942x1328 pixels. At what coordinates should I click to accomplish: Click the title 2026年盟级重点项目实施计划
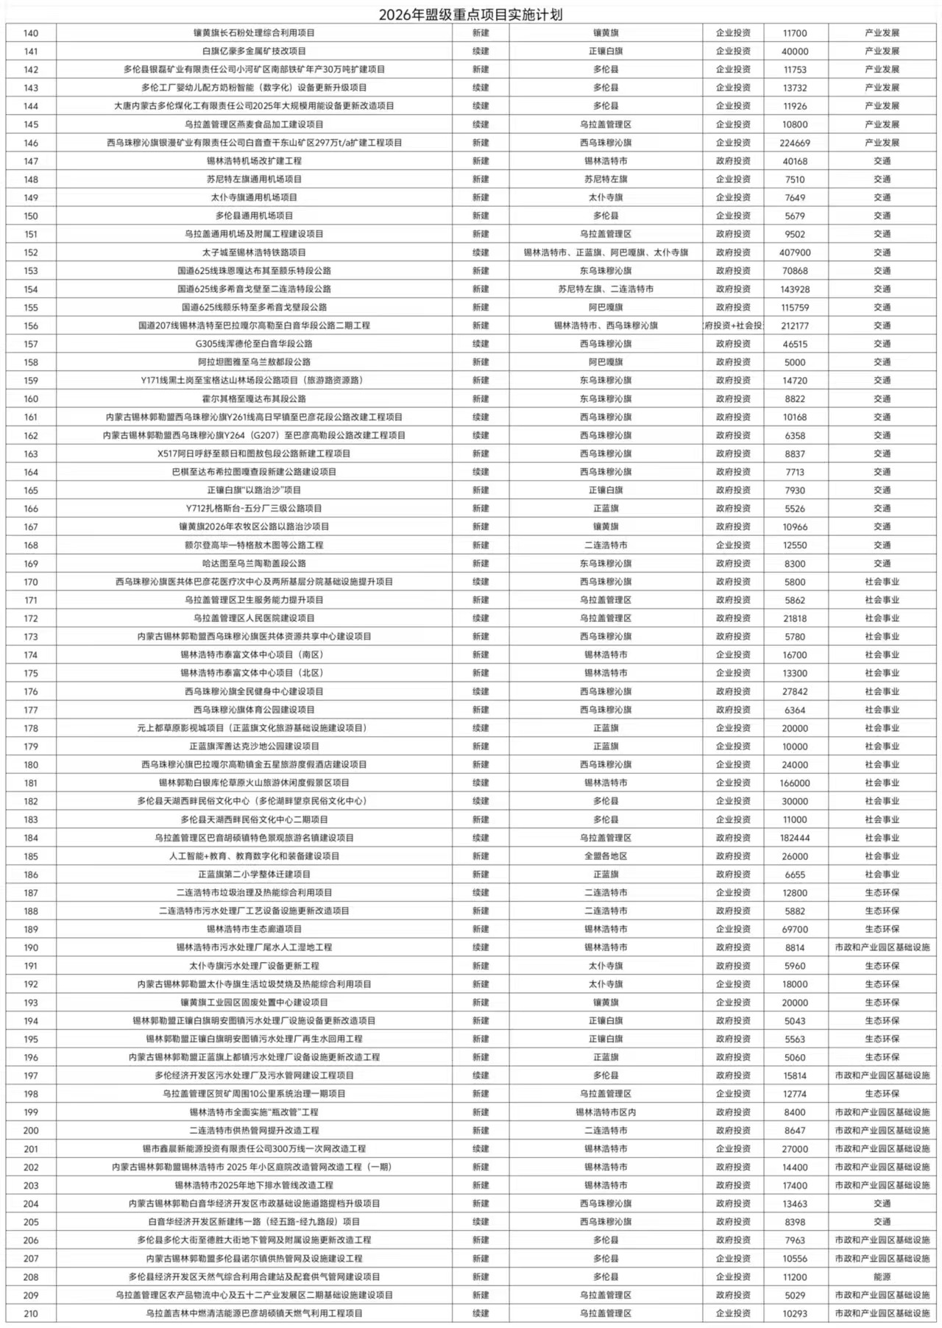point(471,15)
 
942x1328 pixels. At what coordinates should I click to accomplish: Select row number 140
point(31,33)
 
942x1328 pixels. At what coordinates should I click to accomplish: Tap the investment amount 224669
point(795,143)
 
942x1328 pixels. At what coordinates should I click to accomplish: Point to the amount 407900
point(795,252)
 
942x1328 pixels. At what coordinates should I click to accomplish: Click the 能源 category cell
point(882,1277)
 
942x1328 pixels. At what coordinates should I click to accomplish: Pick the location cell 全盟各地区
point(606,856)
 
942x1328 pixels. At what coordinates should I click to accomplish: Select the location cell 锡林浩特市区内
point(606,1112)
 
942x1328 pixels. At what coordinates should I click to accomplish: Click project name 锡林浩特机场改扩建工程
point(254,161)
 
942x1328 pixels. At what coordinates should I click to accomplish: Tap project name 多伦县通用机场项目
point(254,216)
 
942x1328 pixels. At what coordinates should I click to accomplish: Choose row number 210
point(31,1314)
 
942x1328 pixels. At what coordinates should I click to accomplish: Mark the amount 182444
point(795,838)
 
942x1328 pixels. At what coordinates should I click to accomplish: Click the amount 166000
point(795,783)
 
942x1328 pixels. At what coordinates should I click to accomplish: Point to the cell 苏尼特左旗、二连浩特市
point(606,289)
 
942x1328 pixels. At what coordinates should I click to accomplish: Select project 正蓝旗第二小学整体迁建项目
point(254,875)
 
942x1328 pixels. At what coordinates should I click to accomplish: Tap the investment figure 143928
point(795,289)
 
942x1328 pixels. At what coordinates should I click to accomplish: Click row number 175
point(31,674)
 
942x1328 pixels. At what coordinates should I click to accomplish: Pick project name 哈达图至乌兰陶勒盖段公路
point(254,564)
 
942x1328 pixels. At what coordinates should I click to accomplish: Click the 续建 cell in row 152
point(481,252)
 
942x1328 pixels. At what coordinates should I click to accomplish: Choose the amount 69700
point(795,930)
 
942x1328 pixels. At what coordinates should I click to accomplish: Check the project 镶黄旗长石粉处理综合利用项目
point(254,33)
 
